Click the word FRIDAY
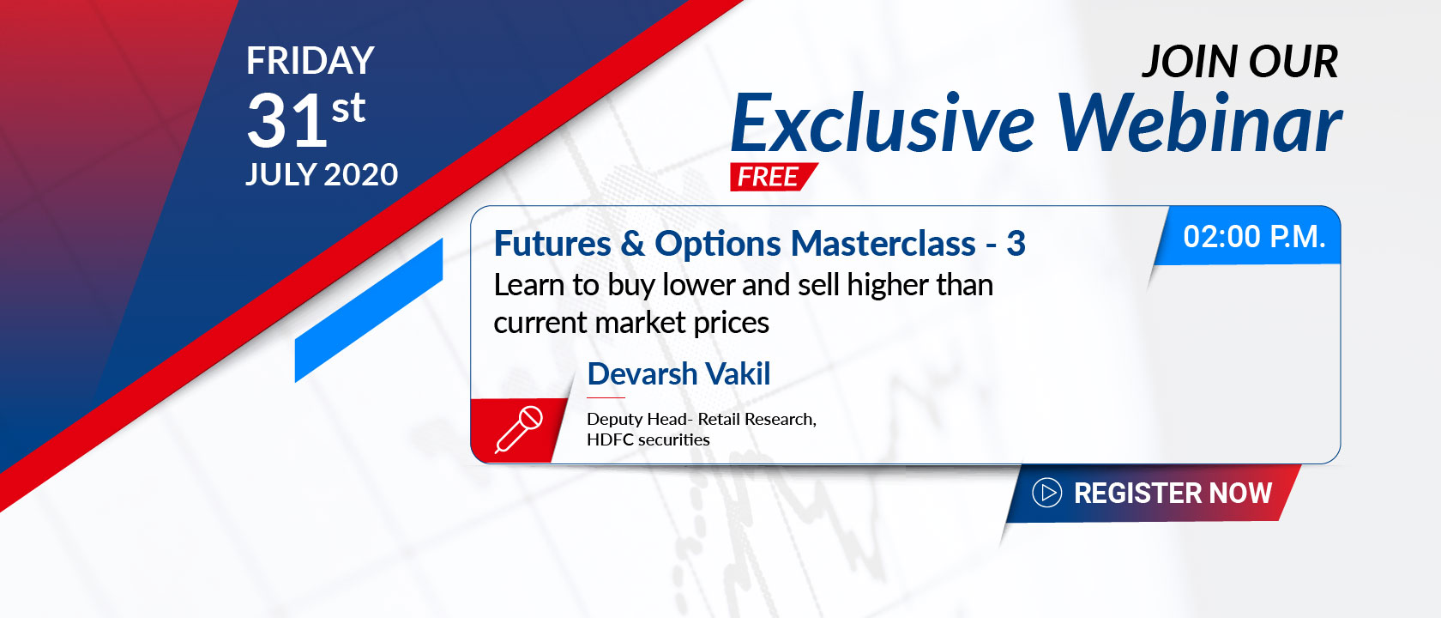(311, 60)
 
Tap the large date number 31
(286, 120)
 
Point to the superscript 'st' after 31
(348, 108)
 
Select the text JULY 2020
(322, 174)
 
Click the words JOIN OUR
(1240, 62)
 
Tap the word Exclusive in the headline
(883, 122)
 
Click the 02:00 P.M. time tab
(1247, 235)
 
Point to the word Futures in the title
(552, 244)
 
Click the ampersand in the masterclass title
(632, 244)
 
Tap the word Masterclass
(883, 244)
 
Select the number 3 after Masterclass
(1016, 244)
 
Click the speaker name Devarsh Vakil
(678, 374)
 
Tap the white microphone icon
(518, 429)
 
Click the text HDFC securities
(648, 439)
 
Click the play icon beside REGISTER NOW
(1046, 493)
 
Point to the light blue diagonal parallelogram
(369, 311)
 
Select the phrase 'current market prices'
(631, 323)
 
